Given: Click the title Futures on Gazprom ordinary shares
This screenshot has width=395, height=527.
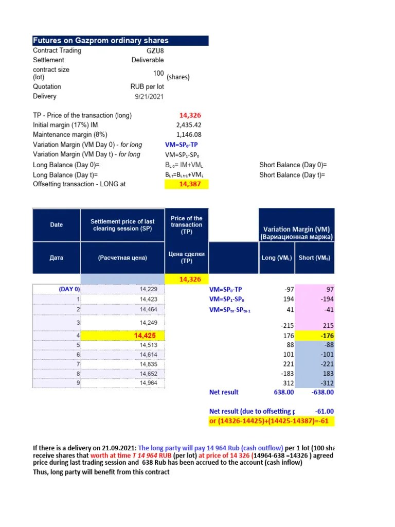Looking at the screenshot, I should pos(101,41).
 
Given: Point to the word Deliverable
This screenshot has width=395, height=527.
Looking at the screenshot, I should pos(148,60).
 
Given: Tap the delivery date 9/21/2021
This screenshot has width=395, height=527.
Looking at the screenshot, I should pos(149,96).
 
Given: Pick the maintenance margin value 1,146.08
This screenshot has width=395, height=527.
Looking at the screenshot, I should pos(189,135).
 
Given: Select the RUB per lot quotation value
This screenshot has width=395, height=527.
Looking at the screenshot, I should pos(147,86).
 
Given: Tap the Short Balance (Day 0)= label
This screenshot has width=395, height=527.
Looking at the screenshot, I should pos(293,165).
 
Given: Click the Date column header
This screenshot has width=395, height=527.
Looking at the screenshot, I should pos(57,225).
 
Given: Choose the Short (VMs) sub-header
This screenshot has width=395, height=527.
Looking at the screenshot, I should pos(315,257).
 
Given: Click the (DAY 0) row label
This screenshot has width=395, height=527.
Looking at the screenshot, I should pos(69,290).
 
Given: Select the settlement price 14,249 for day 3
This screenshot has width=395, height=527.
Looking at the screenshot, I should pos(149,323).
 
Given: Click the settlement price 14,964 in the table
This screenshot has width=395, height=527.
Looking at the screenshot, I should pos(149,383).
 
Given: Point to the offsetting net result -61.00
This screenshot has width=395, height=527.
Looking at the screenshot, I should pos(324,411).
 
